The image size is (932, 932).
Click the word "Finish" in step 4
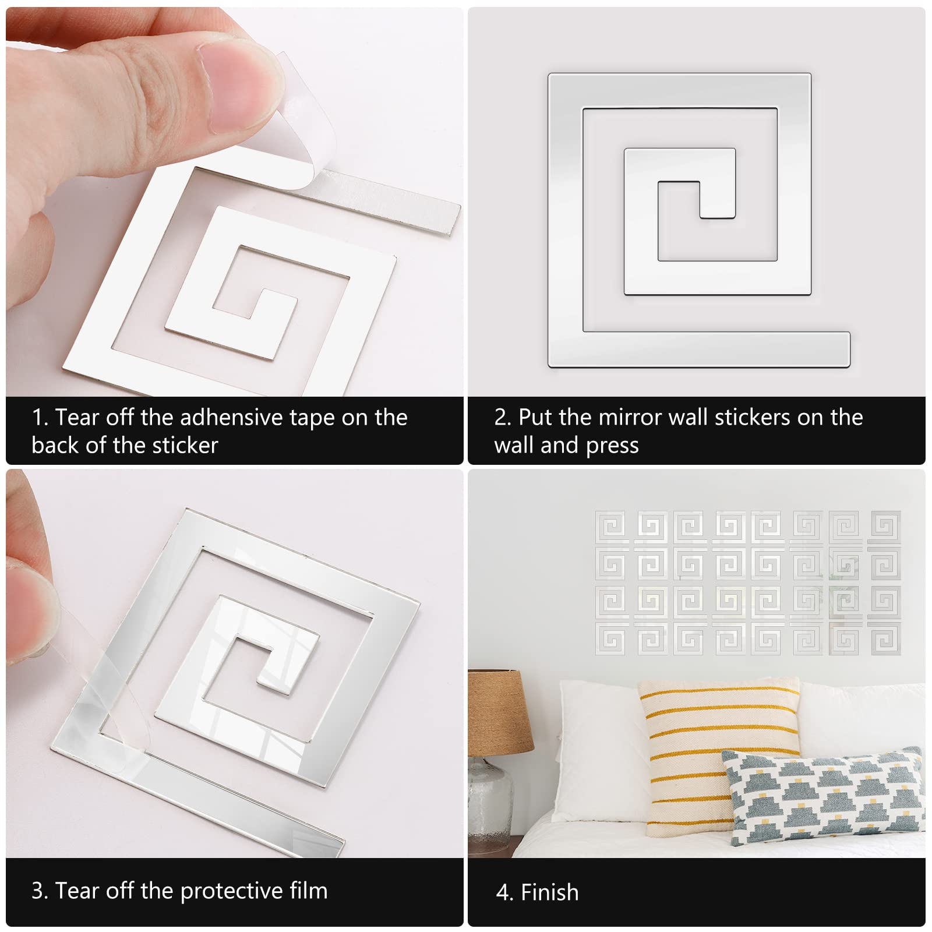[549, 892]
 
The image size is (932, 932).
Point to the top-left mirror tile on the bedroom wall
[612, 527]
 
